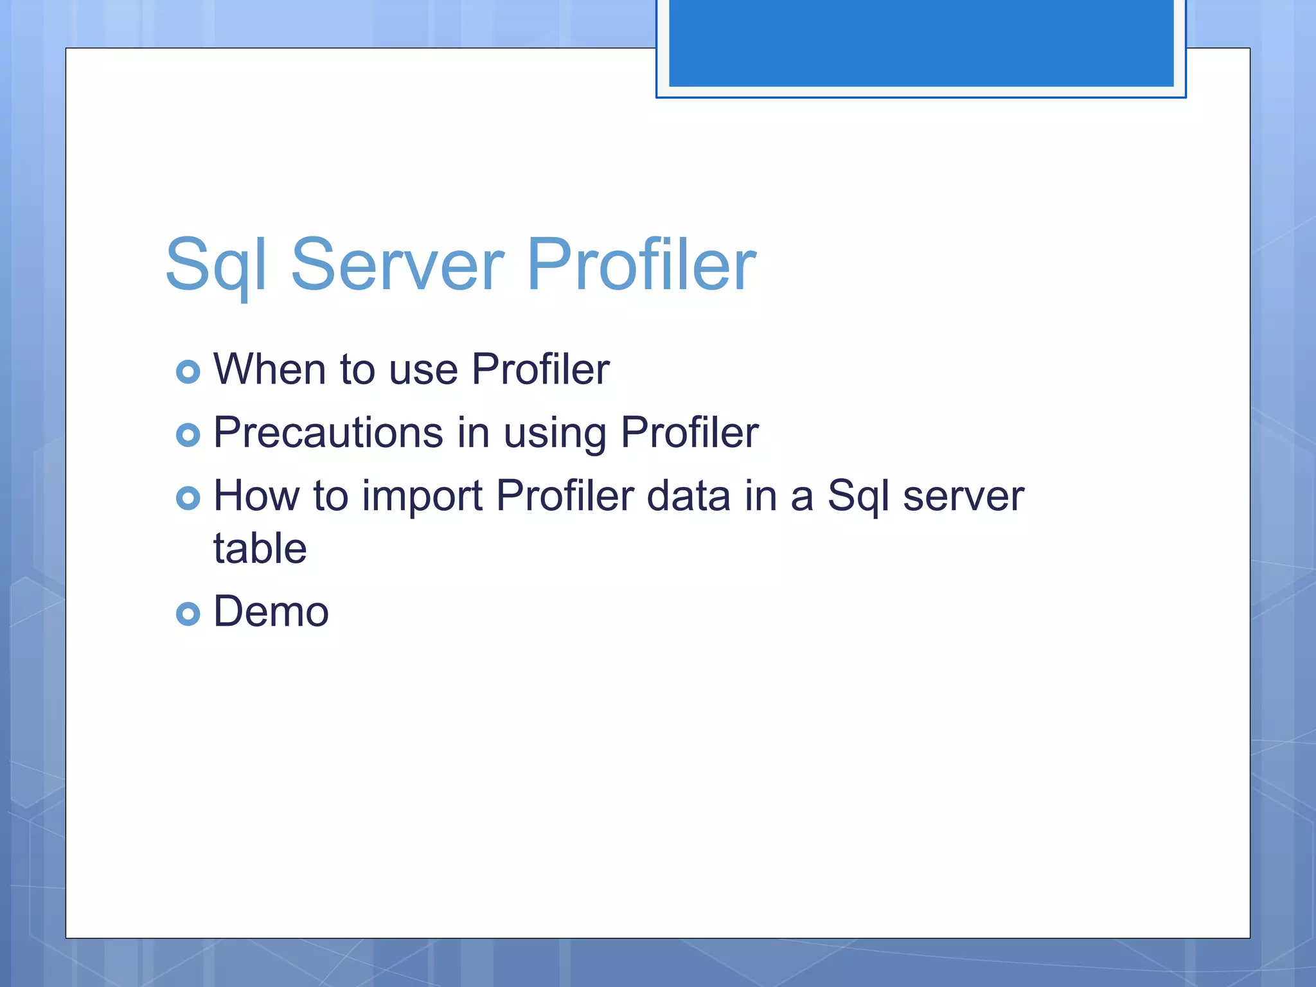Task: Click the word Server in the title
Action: [397, 265]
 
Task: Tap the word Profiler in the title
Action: [641, 265]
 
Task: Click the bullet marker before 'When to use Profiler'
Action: [188, 371]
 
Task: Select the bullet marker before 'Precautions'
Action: [188, 435]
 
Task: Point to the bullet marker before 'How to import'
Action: [188, 498]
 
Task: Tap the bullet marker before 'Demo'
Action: [188, 614]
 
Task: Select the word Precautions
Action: [328, 432]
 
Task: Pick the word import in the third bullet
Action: [422, 497]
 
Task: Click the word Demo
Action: [271, 611]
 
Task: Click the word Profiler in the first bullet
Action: [540, 369]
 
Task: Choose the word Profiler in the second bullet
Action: [689, 432]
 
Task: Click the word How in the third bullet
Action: [256, 496]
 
